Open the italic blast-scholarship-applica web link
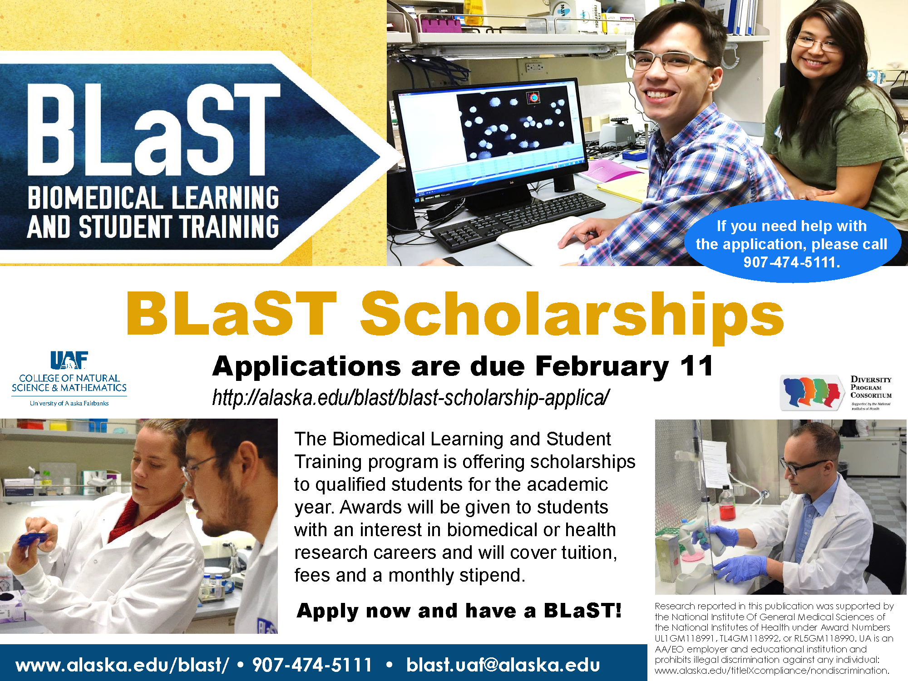point(411,398)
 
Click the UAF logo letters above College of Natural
point(69,360)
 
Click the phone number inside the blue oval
point(792,262)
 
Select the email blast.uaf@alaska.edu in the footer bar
point(503,665)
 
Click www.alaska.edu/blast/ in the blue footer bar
point(122,665)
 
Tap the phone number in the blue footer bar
point(312,665)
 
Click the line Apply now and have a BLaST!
point(459,611)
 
